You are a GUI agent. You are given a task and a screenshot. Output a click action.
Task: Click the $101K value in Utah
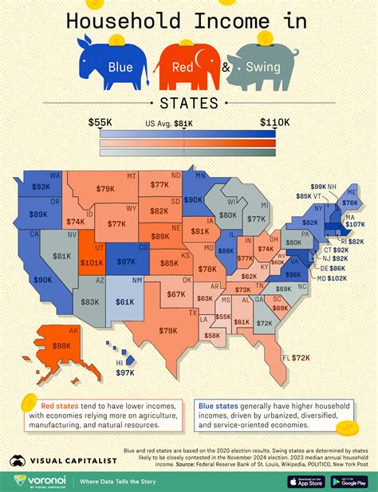coord(93,262)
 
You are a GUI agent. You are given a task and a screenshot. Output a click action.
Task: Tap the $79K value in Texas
coord(168,329)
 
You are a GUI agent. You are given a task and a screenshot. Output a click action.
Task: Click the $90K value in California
coord(43,280)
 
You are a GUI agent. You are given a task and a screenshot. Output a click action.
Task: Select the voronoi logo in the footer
coord(38,481)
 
